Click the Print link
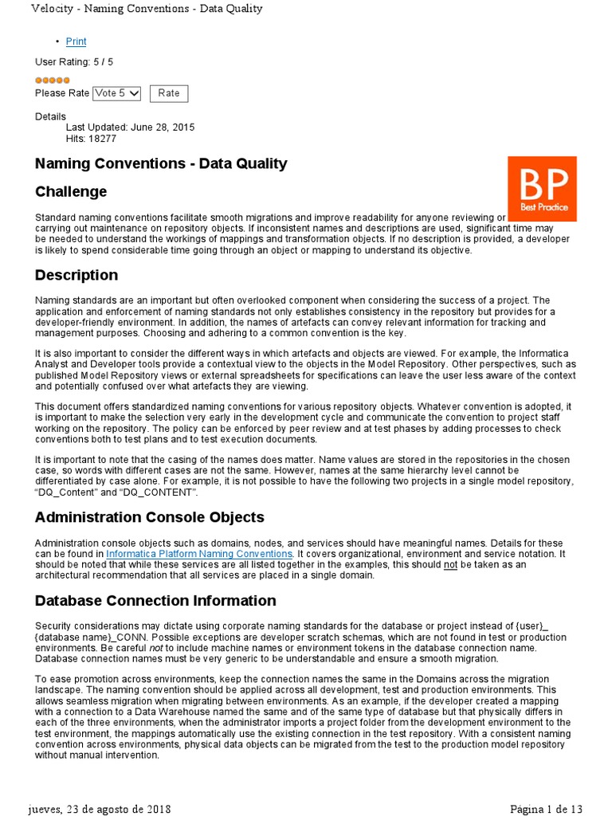[76, 41]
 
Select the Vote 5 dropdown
[116, 93]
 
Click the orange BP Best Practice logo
[542, 189]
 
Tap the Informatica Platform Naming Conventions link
[199, 553]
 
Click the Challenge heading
[71, 191]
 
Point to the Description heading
[76, 275]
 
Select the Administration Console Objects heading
[149, 517]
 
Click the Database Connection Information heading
[155, 601]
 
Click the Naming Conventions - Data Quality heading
[161, 163]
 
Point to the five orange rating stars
[53, 80]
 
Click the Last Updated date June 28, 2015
[130, 127]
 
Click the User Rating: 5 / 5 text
[74, 62]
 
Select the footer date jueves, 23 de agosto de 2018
[99, 809]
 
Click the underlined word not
[451, 564]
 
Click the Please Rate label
[62, 93]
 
